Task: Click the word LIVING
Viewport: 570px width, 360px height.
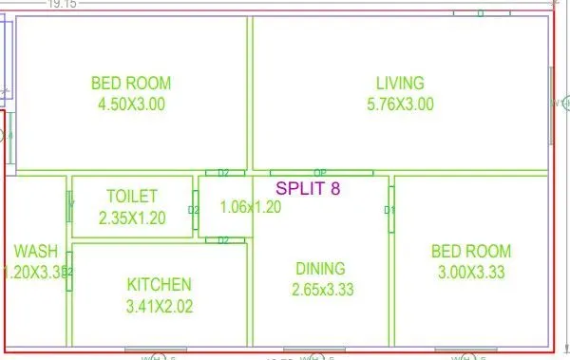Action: point(399,83)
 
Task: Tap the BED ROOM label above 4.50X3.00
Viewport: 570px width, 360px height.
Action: point(130,83)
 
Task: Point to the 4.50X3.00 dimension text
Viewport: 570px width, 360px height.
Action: point(130,104)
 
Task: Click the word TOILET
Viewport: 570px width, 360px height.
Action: point(132,197)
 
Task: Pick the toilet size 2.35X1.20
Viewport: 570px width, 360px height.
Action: point(132,218)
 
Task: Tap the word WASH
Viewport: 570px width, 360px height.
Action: point(35,252)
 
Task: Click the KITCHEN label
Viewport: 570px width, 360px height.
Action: point(160,284)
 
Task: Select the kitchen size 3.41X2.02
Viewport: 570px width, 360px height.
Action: point(160,306)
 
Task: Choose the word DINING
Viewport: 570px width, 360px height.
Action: point(320,269)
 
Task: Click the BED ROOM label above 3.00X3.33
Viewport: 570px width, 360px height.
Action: point(470,252)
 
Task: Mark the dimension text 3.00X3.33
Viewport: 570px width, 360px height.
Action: point(470,274)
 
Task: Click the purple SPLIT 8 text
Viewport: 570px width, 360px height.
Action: point(307,188)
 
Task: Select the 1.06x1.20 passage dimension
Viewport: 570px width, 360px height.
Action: point(250,207)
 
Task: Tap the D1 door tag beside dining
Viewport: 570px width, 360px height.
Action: point(389,210)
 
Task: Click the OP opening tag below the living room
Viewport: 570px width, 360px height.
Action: point(320,173)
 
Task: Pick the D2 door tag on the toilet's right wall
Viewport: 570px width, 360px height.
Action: point(194,210)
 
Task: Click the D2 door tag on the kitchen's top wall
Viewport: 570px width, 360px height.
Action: point(224,240)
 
